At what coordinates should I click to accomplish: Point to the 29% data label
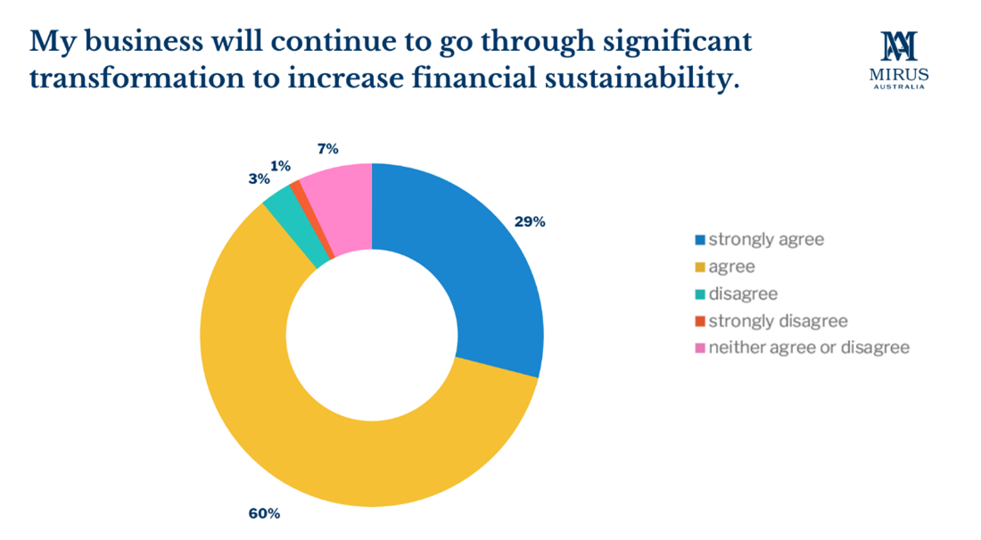click(530, 222)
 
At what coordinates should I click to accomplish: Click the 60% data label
click(265, 513)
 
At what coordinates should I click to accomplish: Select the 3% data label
click(260, 179)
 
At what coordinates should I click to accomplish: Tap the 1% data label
click(280, 165)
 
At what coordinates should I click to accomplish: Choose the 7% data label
click(327, 149)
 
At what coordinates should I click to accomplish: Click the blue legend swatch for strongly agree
click(700, 240)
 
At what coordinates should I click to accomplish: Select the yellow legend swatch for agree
click(700, 267)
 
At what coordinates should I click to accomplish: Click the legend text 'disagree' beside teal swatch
click(743, 294)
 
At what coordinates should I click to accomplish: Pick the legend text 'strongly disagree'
click(778, 320)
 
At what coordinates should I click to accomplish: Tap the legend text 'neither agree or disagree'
click(809, 347)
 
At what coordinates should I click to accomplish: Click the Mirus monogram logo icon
click(899, 46)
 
